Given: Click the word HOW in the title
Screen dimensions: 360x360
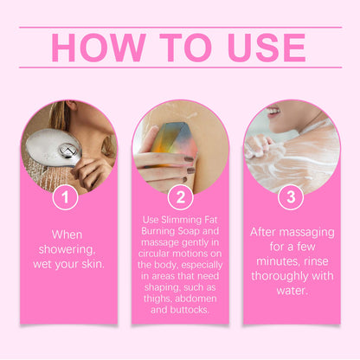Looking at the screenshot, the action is [x=99, y=48].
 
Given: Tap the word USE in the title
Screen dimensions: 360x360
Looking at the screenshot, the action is [x=267, y=48].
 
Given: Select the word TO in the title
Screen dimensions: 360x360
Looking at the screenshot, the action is [x=186, y=48].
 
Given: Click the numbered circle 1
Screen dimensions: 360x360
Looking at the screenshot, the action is [x=66, y=197].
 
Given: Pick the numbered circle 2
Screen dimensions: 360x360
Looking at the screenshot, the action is [x=181, y=197].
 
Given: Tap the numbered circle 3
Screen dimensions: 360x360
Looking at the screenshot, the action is [x=291, y=197].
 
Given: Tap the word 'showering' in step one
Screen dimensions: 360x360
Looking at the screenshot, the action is [x=67, y=249].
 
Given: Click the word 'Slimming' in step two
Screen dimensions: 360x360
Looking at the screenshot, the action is [x=182, y=221].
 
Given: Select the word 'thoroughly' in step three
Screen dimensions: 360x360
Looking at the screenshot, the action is [x=278, y=277].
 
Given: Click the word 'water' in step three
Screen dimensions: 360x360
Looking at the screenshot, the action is [x=292, y=291].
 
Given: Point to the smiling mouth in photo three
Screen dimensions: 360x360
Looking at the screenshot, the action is [x=273, y=112].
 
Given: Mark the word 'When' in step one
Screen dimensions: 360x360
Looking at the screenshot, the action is [x=67, y=235].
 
